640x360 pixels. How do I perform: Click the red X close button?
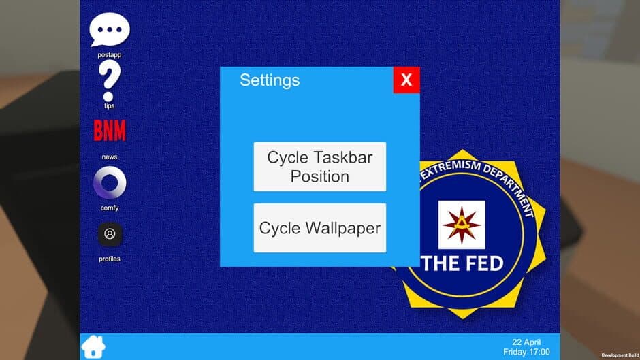(x=406, y=80)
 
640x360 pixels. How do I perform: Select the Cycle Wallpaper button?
(x=320, y=228)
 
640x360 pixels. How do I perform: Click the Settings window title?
(x=270, y=80)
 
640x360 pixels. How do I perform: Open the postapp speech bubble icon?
(x=109, y=30)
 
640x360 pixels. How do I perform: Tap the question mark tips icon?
(x=110, y=80)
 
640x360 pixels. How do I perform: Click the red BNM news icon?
(x=110, y=131)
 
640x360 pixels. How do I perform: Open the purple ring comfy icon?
(x=110, y=183)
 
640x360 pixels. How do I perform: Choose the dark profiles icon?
(x=110, y=235)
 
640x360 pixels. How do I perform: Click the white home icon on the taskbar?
(x=93, y=346)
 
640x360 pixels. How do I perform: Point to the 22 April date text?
(x=526, y=342)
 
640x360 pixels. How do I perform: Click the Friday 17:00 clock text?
(x=526, y=352)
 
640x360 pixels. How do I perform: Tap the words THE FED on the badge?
(x=462, y=263)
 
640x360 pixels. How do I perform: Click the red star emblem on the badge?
(x=462, y=225)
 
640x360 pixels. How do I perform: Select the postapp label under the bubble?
(x=110, y=54)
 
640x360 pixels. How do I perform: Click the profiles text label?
(x=110, y=259)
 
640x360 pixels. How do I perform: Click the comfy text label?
(x=110, y=208)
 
